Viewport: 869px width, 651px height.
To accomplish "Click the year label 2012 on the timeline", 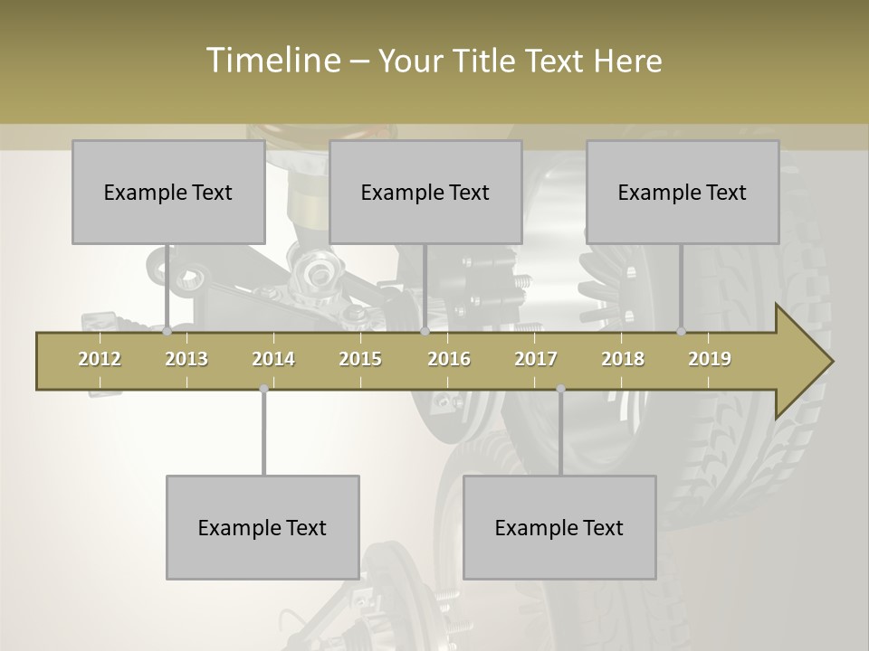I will [100, 359].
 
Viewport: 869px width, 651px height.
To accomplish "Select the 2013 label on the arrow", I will [186, 359].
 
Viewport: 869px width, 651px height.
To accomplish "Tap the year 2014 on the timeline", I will [273, 359].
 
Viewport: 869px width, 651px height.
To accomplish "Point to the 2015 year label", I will [360, 359].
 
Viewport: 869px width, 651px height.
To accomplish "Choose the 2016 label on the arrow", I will [449, 359].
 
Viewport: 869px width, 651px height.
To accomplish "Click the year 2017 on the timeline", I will [536, 359].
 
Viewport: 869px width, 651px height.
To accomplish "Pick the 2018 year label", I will [623, 359].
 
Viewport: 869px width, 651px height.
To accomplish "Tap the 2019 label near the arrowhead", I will [710, 359].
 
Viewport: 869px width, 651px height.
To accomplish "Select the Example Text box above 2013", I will [168, 192].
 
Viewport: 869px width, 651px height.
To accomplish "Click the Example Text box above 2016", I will [425, 192].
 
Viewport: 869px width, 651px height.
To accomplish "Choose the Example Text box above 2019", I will [683, 192].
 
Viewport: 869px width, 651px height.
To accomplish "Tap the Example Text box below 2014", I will [263, 527].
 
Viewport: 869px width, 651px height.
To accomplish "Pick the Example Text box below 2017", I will [559, 527].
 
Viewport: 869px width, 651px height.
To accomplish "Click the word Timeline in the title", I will [272, 61].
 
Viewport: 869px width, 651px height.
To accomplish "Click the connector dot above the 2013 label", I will [167, 332].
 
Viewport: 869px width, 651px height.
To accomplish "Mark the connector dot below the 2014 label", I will [263, 389].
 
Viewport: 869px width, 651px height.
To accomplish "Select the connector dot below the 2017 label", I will [560, 389].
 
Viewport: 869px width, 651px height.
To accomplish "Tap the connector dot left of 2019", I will [682, 332].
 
